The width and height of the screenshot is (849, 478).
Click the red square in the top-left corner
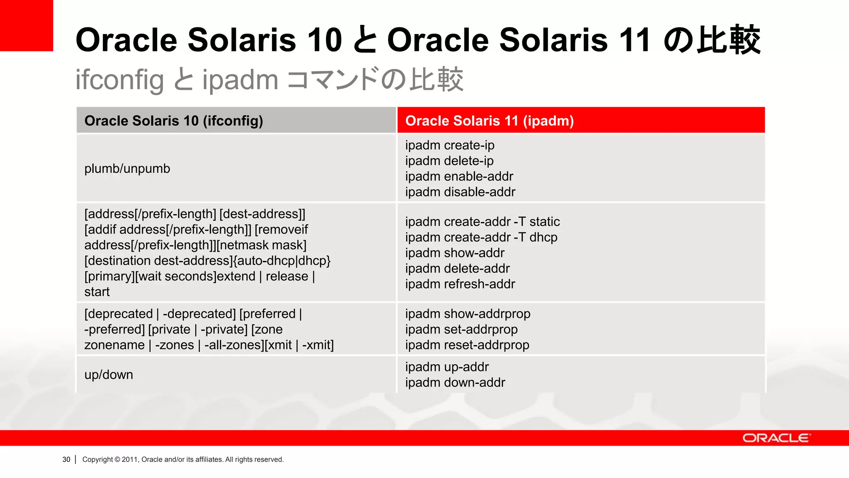coord(26,25)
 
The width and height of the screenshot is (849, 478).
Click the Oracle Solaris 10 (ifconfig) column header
coord(174,121)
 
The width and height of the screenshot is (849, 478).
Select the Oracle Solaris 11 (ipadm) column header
coord(489,121)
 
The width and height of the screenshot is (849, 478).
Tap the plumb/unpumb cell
coord(127,168)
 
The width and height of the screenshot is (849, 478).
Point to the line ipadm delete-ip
coord(449,161)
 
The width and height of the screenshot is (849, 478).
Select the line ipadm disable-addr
coord(460,192)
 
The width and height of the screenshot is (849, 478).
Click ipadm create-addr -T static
coord(483,222)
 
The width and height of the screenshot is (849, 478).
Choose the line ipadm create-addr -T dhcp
coord(481,237)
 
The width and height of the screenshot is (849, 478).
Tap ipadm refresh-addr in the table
coord(460,284)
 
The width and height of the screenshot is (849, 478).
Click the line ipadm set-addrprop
coord(461,329)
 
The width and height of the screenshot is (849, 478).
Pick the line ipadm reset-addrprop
coord(467,345)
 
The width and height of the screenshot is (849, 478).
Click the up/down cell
coord(109,375)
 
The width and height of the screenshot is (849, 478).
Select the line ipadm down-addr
coord(455,383)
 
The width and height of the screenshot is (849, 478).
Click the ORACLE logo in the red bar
coord(776,438)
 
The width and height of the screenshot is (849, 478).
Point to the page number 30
coord(66,459)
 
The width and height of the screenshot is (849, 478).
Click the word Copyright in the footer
coord(97,459)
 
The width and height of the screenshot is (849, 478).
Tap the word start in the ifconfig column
coord(97,292)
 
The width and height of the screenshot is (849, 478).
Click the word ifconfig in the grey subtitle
coord(119,80)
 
